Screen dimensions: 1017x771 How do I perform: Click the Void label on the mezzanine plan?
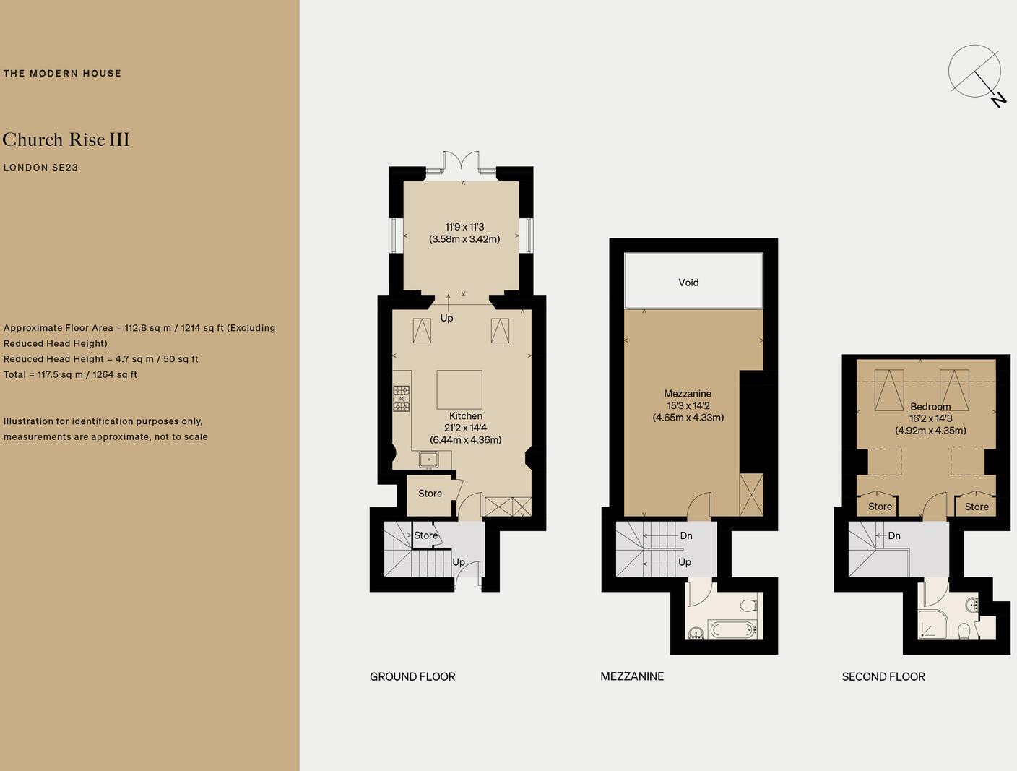click(688, 283)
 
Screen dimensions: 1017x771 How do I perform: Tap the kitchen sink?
click(428, 460)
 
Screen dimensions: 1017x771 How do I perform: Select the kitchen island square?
click(459, 389)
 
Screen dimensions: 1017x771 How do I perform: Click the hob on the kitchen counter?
click(402, 398)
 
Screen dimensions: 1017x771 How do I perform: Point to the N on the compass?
click(999, 100)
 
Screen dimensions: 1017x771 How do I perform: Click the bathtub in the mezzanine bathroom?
click(732, 629)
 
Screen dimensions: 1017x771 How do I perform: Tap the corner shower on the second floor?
click(932, 624)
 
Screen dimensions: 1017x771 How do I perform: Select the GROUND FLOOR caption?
click(412, 676)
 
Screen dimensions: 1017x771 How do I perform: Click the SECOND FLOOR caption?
click(883, 676)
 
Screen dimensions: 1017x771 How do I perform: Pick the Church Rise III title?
click(66, 139)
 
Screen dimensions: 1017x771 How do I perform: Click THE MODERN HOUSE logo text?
click(62, 73)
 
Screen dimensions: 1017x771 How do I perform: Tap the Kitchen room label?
click(466, 416)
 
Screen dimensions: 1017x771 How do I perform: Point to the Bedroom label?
click(930, 406)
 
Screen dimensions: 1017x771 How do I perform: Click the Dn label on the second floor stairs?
click(894, 535)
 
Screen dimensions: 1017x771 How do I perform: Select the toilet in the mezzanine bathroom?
click(749, 605)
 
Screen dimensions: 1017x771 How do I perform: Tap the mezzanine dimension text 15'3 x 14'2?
click(688, 405)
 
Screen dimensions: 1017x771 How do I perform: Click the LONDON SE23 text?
click(40, 168)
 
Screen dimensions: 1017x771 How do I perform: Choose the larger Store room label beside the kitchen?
click(430, 494)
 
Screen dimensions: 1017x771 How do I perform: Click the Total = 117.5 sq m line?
click(71, 374)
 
